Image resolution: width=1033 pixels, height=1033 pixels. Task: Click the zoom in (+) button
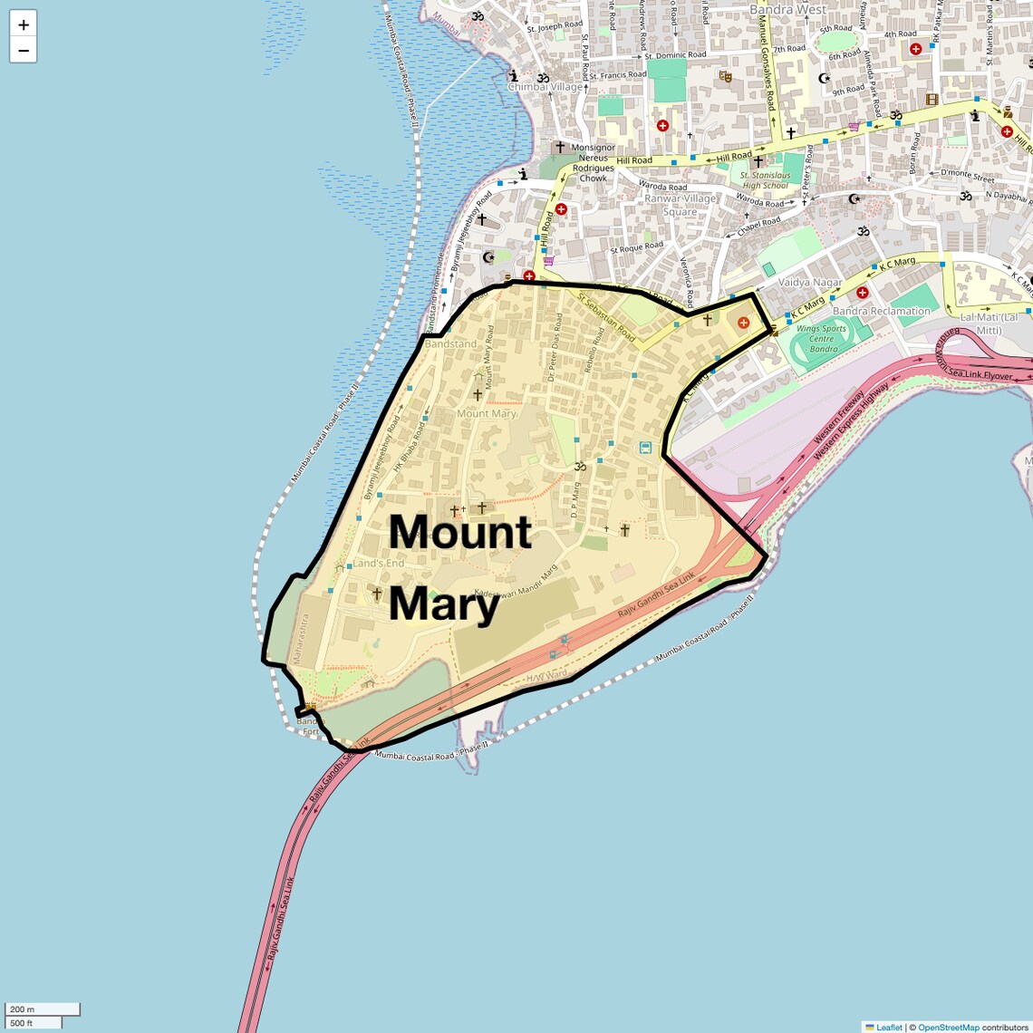[24, 24]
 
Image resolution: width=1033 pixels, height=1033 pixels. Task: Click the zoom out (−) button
[24, 50]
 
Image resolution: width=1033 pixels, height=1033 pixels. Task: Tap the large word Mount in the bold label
[459, 532]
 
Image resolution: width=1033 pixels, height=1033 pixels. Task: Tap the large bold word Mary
[444, 604]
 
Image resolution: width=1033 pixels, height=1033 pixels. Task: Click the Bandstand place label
[450, 344]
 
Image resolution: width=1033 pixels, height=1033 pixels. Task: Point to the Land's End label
[378, 563]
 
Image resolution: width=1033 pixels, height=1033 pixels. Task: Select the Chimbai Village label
[545, 87]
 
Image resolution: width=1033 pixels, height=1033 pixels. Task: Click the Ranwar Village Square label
[680, 205]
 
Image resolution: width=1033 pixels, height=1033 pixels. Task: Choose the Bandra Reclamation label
[881, 311]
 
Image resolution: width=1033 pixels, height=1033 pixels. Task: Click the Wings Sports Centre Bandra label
[822, 339]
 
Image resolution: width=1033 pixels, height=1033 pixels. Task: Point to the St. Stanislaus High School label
[765, 180]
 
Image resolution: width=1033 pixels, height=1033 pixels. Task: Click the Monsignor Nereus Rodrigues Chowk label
[594, 162]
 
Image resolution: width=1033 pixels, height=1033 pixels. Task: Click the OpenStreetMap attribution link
[949, 1027]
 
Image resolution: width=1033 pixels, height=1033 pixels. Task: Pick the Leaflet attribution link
[889, 1027]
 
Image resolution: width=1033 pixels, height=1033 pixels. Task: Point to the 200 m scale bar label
[23, 1009]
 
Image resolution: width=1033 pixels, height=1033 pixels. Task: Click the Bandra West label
[787, 9]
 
